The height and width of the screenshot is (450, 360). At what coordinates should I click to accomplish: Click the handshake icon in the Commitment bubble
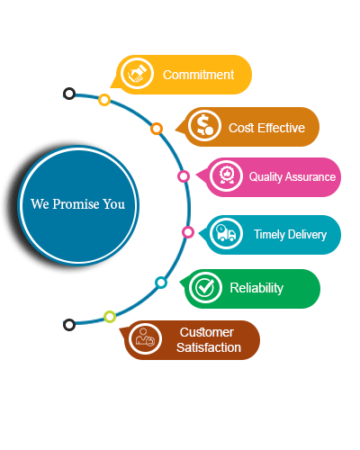click(137, 74)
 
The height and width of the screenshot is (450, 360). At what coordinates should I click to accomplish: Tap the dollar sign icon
click(204, 125)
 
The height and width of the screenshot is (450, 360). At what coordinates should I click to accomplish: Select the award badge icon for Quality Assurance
click(226, 175)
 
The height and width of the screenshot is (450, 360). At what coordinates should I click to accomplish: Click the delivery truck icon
click(226, 233)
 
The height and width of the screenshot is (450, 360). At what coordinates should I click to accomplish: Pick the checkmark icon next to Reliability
click(205, 287)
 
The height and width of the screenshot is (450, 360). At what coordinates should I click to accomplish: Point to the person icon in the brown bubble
click(145, 338)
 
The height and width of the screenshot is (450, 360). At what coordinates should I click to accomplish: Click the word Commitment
click(198, 75)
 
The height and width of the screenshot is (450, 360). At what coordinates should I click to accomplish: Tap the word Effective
click(281, 128)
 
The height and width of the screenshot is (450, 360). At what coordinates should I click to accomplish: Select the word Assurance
click(310, 176)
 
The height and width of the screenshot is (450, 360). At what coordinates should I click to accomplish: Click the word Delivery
click(307, 235)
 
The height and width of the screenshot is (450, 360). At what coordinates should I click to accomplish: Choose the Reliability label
click(256, 288)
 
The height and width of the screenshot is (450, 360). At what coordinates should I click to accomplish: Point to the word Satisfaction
click(209, 347)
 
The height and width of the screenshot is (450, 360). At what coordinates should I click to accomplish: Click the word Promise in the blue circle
click(76, 204)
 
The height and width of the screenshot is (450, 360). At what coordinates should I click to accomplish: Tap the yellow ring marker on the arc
click(104, 100)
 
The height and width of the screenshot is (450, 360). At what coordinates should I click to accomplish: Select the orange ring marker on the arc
click(157, 129)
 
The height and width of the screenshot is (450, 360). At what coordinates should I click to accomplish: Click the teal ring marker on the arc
click(161, 283)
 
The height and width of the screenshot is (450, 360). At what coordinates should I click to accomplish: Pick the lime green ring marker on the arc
click(110, 317)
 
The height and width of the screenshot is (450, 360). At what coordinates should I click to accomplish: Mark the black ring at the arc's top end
click(69, 94)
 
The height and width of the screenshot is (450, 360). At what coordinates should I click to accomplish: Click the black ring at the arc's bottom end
click(69, 325)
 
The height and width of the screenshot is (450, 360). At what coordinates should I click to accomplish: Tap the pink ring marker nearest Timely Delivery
click(188, 232)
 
